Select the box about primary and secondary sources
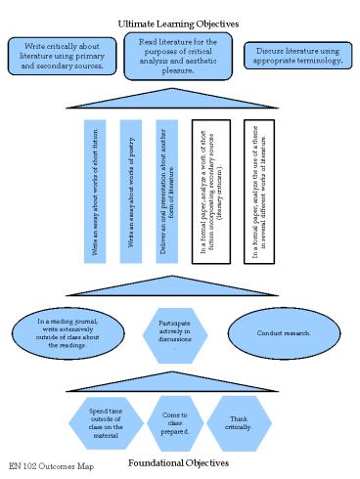[62, 55]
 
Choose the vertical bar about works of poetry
[130, 192]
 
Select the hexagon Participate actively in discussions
[178, 332]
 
